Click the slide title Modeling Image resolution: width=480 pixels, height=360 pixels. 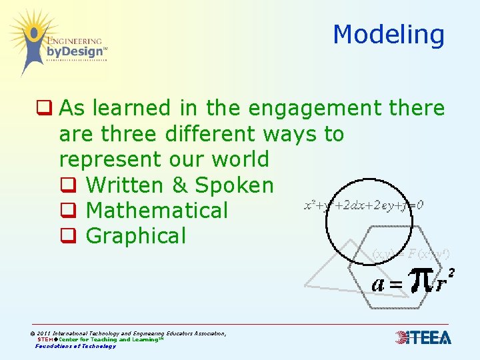click(x=389, y=35)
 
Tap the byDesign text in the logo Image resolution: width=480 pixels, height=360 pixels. click(x=75, y=51)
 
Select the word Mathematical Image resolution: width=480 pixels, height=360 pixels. click(x=157, y=210)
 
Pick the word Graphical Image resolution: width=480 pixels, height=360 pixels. click(x=136, y=235)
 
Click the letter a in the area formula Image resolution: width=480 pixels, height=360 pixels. click(x=379, y=283)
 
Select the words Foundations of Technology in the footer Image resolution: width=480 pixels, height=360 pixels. click(x=75, y=346)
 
